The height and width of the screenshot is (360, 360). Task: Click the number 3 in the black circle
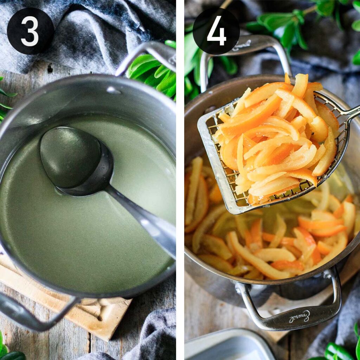(30, 31)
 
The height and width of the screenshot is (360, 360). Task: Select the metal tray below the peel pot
(229, 346)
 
